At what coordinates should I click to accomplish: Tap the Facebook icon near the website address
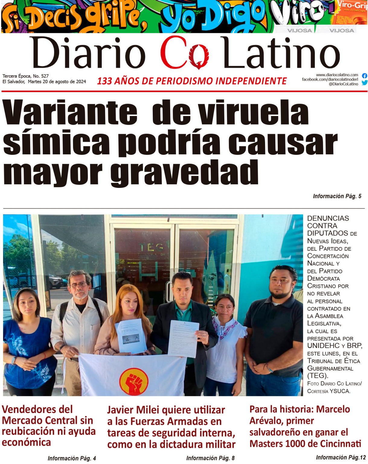click(x=364, y=76)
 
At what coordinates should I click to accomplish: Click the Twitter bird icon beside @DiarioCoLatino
click(x=364, y=83)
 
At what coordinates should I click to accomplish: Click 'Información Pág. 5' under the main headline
click(x=337, y=196)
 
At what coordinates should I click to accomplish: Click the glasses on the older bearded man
click(x=79, y=285)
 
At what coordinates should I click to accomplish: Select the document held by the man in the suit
click(x=183, y=338)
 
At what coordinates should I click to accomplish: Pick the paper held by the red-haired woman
click(x=131, y=336)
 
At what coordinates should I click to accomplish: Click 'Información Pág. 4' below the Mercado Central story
click(x=72, y=458)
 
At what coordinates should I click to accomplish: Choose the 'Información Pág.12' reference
click(x=341, y=457)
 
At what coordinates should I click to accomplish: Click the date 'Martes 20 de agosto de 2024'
click(x=57, y=82)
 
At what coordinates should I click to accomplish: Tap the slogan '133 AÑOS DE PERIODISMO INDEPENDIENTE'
click(x=192, y=81)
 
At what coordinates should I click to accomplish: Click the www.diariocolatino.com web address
click(x=337, y=75)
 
